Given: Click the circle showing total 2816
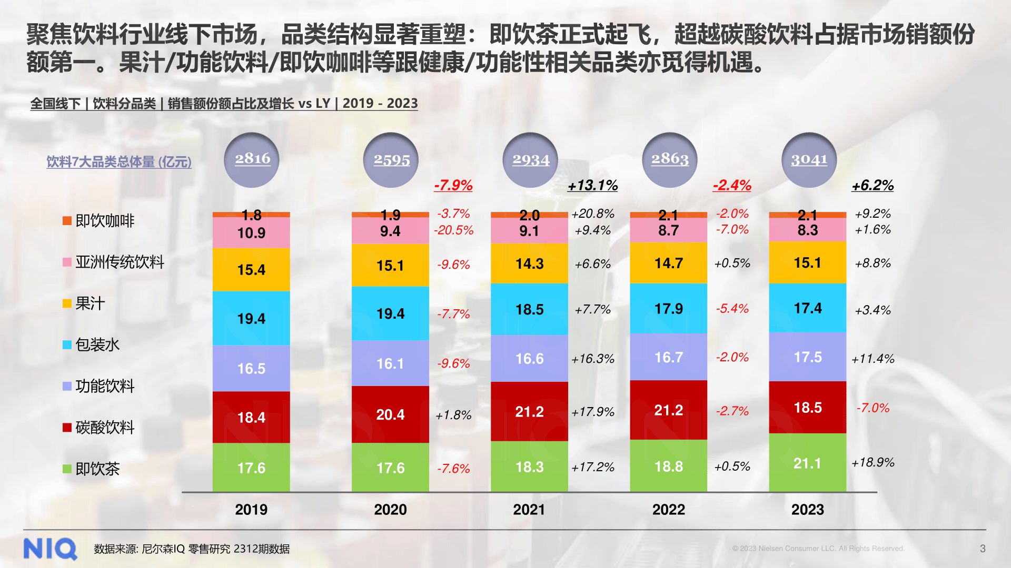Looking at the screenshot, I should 252,159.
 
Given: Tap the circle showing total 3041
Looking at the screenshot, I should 809,159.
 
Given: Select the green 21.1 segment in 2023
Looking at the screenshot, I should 807,463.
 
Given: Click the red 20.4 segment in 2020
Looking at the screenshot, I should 390,414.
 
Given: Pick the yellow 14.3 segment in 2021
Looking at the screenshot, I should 529,263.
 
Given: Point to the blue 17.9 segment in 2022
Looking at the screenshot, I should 668,308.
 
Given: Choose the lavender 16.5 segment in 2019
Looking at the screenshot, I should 251,368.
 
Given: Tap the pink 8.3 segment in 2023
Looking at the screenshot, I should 807,230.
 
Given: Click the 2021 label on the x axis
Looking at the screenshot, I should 529,509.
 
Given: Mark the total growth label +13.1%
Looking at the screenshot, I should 592,185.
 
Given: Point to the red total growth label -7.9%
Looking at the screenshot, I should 453,185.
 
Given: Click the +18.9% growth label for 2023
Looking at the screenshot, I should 873,462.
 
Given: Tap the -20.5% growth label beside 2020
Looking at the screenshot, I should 453,230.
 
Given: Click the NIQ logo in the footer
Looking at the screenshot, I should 50,549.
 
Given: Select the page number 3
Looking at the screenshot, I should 983,549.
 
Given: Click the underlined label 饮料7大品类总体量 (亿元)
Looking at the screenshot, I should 119,161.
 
